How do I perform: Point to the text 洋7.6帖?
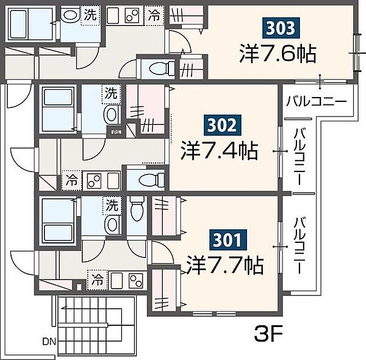pos(277,54)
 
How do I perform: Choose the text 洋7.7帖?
pos(225,265)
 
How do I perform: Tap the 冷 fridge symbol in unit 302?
pos(72,181)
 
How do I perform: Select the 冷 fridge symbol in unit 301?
pos(97,281)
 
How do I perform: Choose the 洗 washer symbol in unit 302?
pos(112,94)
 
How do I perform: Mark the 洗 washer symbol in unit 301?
pos(112,206)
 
